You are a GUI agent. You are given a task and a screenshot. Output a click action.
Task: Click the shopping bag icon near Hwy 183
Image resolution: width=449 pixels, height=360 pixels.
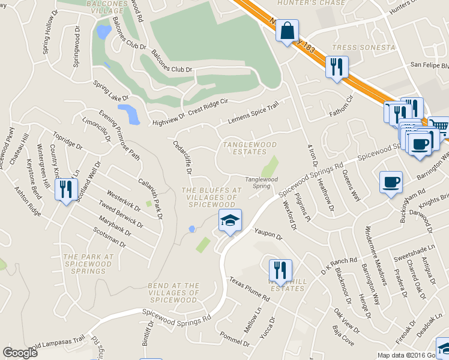click(287, 31)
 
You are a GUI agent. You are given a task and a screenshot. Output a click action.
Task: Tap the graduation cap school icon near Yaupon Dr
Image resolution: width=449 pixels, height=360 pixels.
click(229, 221)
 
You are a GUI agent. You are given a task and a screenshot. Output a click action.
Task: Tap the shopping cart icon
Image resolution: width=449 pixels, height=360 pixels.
click(439, 127)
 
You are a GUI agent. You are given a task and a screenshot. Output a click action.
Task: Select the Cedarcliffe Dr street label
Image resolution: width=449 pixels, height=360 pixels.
click(182, 158)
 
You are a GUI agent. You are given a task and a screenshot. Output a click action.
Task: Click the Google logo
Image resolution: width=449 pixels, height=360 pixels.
click(20, 353)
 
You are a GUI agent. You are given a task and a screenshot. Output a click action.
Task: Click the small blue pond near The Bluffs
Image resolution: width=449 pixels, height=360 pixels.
click(191, 229)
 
